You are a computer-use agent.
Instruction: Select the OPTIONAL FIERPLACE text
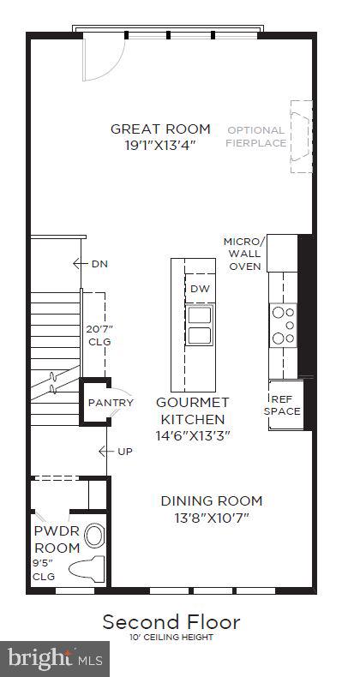(255, 136)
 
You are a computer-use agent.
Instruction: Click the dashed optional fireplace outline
(302, 137)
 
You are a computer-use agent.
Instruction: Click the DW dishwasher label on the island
(200, 289)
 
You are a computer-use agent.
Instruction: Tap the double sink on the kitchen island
(200, 325)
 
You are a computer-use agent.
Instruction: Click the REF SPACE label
(285, 404)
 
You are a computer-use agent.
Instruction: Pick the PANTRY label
(111, 403)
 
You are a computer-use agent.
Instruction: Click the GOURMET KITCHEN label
(192, 410)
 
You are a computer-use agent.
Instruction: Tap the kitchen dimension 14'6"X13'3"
(192, 434)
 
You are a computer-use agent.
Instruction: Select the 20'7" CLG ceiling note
(99, 335)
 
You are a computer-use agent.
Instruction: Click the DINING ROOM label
(212, 500)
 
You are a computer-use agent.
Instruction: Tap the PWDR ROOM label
(57, 537)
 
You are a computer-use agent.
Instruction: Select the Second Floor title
(171, 621)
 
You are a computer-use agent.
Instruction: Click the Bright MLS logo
(53, 658)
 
